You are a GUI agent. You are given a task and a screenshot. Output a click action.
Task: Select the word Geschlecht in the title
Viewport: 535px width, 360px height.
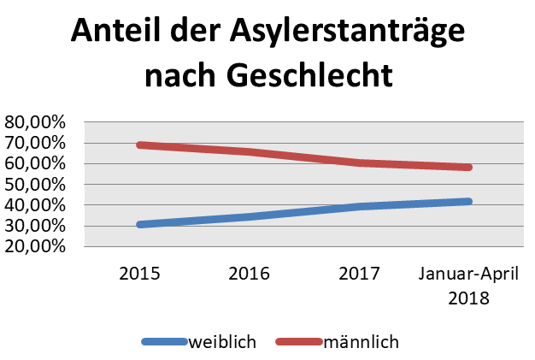[311, 76]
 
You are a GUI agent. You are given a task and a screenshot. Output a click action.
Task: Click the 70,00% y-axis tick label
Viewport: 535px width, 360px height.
[35, 143]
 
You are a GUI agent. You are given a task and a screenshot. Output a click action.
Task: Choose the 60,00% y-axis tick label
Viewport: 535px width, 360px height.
[35, 163]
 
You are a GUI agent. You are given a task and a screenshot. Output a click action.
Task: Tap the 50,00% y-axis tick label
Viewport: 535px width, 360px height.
[35, 185]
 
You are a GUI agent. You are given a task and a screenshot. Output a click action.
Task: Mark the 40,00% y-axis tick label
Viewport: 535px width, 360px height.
[35, 205]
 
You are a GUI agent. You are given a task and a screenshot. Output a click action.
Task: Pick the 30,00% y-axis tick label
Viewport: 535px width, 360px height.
[35, 227]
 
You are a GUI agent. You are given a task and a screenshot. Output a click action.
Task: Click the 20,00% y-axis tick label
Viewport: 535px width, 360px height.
[35, 246]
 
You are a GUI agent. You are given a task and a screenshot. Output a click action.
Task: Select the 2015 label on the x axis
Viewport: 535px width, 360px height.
[139, 274]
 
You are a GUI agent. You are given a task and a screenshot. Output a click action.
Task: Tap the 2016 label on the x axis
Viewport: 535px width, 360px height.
[250, 274]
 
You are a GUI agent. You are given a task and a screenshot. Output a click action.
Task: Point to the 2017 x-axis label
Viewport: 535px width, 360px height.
[359, 274]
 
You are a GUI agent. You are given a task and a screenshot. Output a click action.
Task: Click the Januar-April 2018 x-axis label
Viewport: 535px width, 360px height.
[468, 286]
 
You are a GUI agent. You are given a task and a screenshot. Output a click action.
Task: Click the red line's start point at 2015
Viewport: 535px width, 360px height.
[140, 145]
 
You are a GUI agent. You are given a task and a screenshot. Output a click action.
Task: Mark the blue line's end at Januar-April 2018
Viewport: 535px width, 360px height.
[468, 202]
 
